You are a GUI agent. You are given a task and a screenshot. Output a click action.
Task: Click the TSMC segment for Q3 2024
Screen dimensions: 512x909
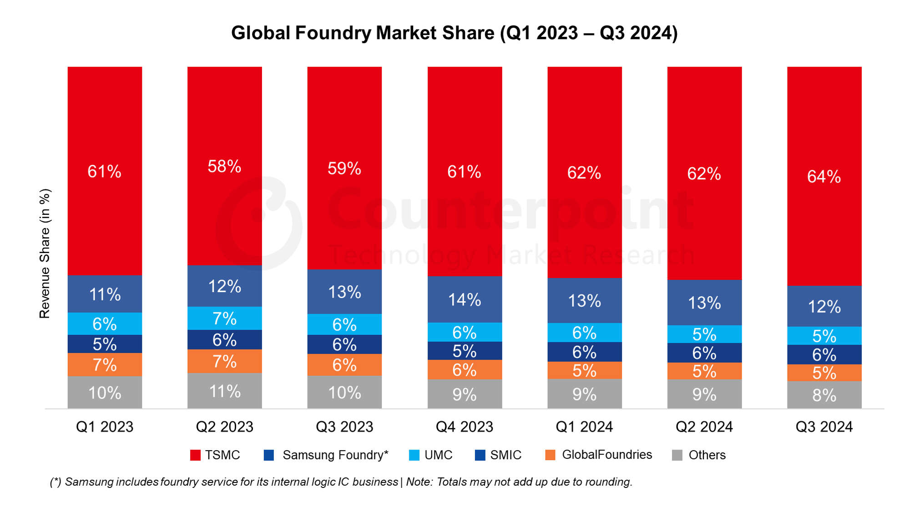(824, 176)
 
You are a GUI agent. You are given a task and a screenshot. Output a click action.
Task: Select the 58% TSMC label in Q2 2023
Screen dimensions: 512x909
(224, 167)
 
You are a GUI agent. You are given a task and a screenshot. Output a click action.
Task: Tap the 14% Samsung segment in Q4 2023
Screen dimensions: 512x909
(465, 299)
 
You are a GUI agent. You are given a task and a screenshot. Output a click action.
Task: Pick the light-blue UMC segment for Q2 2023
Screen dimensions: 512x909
(224, 318)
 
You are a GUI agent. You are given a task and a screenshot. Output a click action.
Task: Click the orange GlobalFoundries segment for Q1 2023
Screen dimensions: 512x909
(105, 365)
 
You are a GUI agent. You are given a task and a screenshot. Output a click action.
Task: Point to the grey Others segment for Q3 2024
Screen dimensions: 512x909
(824, 395)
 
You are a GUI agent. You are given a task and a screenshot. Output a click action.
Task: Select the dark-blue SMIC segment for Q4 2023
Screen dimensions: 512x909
(465, 351)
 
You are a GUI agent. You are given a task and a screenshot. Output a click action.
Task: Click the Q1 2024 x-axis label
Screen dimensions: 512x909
(584, 427)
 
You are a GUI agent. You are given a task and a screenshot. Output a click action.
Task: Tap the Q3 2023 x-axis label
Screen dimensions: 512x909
(344, 427)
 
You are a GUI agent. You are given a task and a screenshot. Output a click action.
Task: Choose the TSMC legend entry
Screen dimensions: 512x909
(215, 455)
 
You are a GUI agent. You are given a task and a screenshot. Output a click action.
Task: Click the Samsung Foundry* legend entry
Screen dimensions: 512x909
(326, 455)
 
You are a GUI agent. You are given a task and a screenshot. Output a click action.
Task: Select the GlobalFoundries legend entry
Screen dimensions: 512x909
(598, 455)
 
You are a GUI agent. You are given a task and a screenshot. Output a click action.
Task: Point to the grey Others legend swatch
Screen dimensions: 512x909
(677, 455)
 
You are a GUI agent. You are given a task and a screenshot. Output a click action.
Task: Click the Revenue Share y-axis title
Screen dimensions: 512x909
(45, 253)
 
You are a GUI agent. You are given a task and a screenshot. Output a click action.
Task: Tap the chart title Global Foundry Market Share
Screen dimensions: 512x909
(454, 33)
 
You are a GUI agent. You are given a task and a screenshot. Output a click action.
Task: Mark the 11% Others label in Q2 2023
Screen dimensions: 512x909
(224, 391)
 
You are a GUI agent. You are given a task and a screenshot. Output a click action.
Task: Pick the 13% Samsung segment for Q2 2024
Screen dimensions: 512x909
(704, 303)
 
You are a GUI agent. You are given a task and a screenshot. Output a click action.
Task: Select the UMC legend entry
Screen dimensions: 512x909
(431, 455)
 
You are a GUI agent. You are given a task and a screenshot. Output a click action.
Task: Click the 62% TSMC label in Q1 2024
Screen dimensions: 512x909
(584, 173)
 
